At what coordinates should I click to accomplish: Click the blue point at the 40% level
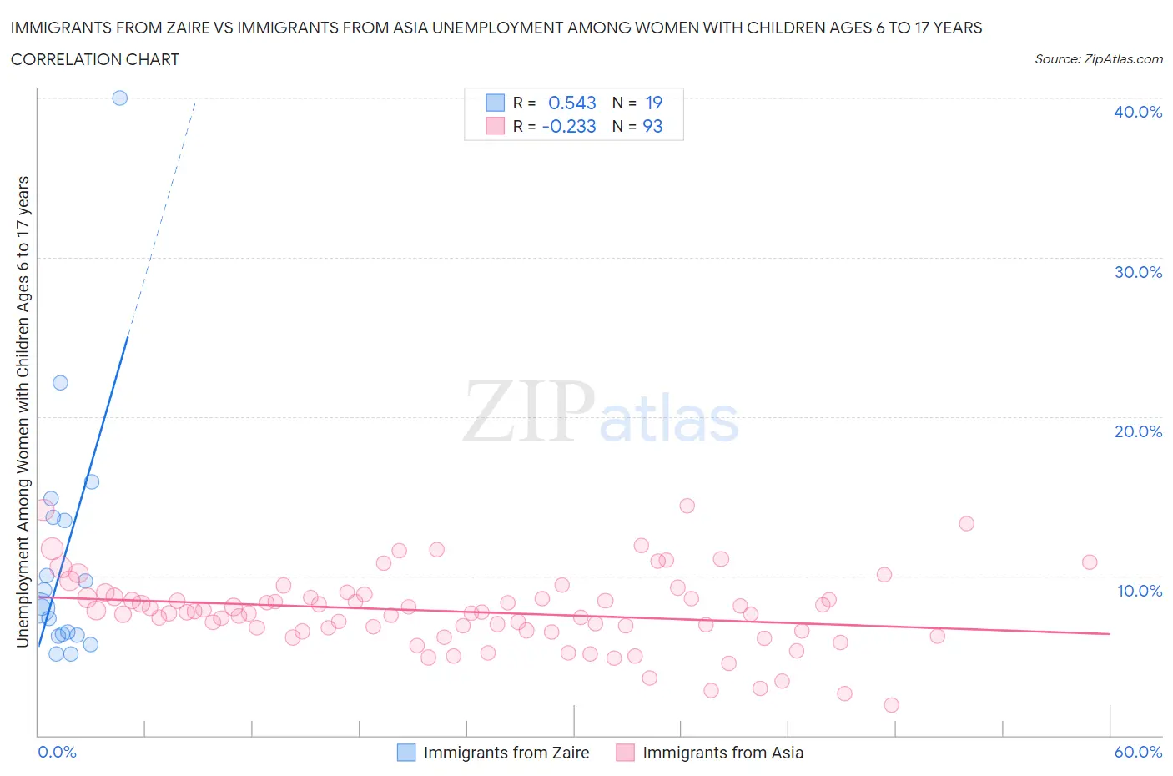pyautogui.click(x=119, y=98)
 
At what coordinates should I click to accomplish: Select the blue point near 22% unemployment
pyautogui.click(x=60, y=383)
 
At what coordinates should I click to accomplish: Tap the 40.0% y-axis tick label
pyautogui.click(x=1138, y=112)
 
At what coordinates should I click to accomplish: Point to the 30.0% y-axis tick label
pyautogui.click(x=1138, y=272)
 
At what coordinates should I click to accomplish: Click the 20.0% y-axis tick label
pyautogui.click(x=1138, y=431)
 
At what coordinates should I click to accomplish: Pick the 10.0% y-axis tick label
pyautogui.click(x=1138, y=591)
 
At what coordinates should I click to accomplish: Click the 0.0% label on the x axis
pyautogui.click(x=58, y=752)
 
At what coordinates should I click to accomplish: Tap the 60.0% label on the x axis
pyautogui.click(x=1138, y=752)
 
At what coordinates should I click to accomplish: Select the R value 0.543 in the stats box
pyautogui.click(x=571, y=103)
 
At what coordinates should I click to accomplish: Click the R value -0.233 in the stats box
pyautogui.click(x=569, y=126)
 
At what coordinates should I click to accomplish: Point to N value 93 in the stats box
pyautogui.click(x=652, y=126)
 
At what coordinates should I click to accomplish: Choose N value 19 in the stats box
pyautogui.click(x=653, y=103)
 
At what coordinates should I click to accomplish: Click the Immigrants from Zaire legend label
pyautogui.click(x=506, y=753)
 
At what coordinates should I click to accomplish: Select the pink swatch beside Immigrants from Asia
pyautogui.click(x=625, y=753)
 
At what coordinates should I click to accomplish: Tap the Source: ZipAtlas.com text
pyautogui.click(x=1098, y=58)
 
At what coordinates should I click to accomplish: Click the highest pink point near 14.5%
pyautogui.click(x=687, y=506)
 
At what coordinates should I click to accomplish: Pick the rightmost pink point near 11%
pyautogui.click(x=1089, y=562)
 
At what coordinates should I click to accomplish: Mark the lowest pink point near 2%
pyautogui.click(x=891, y=705)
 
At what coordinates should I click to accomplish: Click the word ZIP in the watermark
pyautogui.click(x=529, y=411)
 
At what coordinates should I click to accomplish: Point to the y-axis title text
pyautogui.click(x=23, y=411)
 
